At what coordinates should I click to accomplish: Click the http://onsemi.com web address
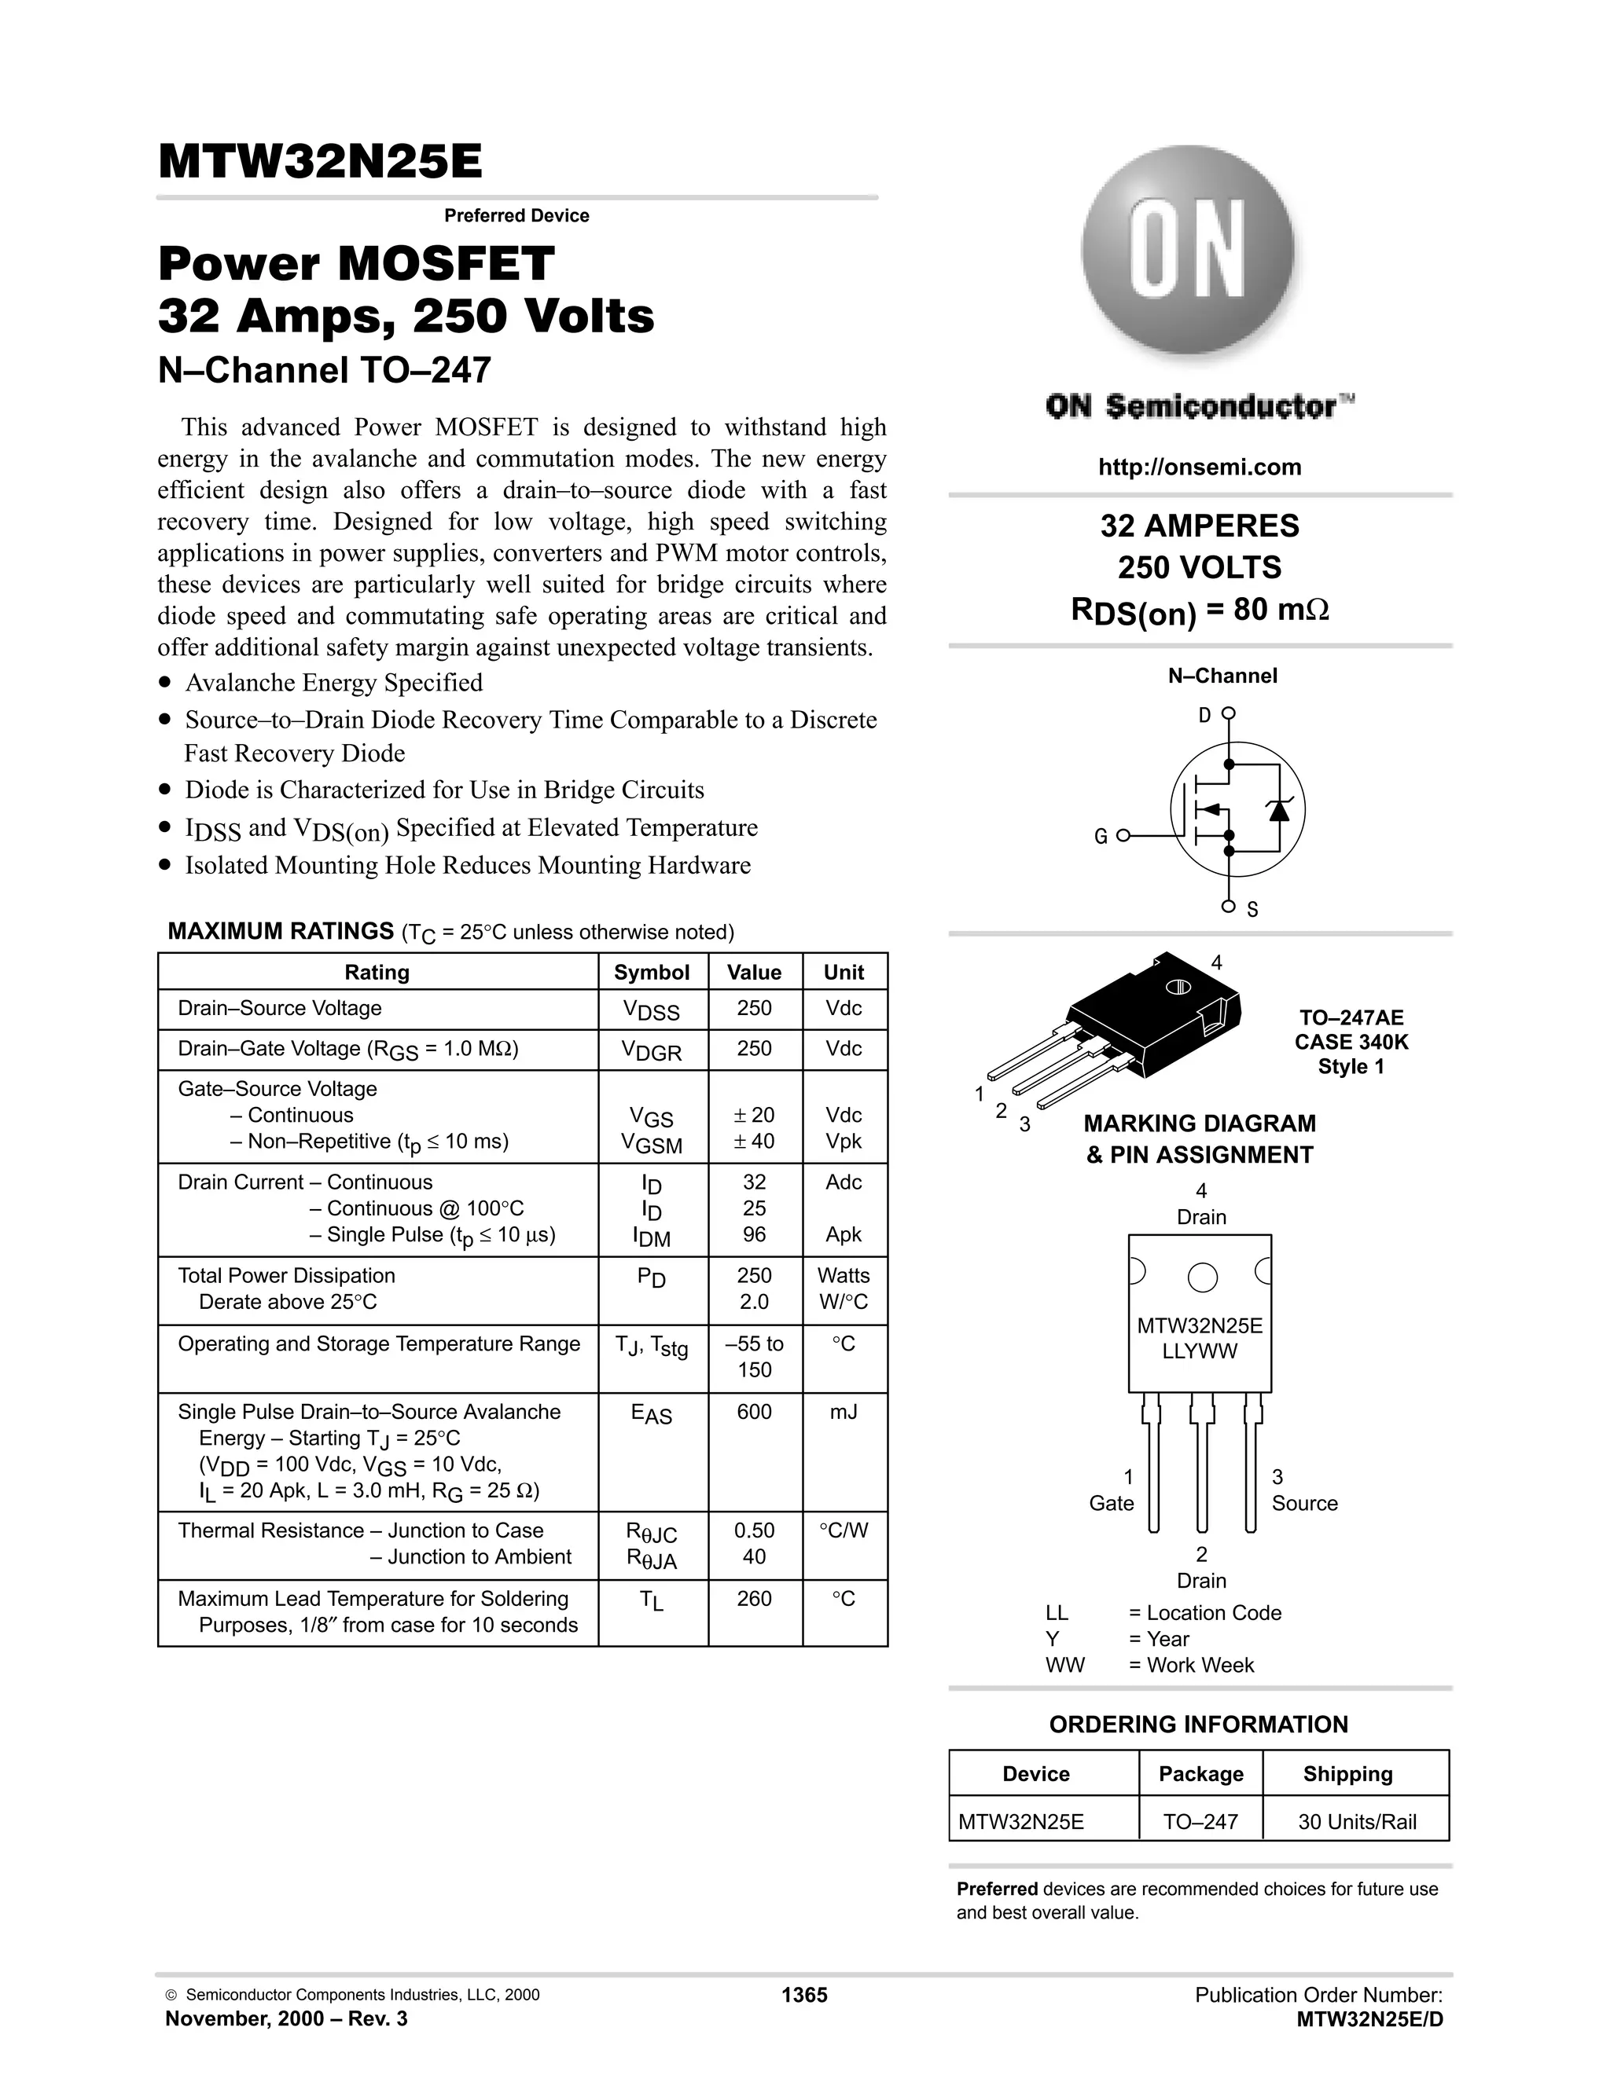1199,467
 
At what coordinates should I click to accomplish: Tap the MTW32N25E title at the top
321,162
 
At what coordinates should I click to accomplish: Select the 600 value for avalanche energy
753,1412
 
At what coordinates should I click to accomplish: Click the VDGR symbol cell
652,1050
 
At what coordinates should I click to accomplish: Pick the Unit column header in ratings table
844,973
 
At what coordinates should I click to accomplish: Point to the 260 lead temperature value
753,1599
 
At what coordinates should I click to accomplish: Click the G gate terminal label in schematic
1101,837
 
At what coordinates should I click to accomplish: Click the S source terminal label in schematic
1252,911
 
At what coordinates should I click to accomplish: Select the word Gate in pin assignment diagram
1111,1503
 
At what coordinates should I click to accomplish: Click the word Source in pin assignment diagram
1304,1503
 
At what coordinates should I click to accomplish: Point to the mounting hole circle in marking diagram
1202,1277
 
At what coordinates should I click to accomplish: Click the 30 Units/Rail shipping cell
1356,1822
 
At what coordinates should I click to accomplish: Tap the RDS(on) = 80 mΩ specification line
1199,610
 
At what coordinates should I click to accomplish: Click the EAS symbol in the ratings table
652,1415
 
